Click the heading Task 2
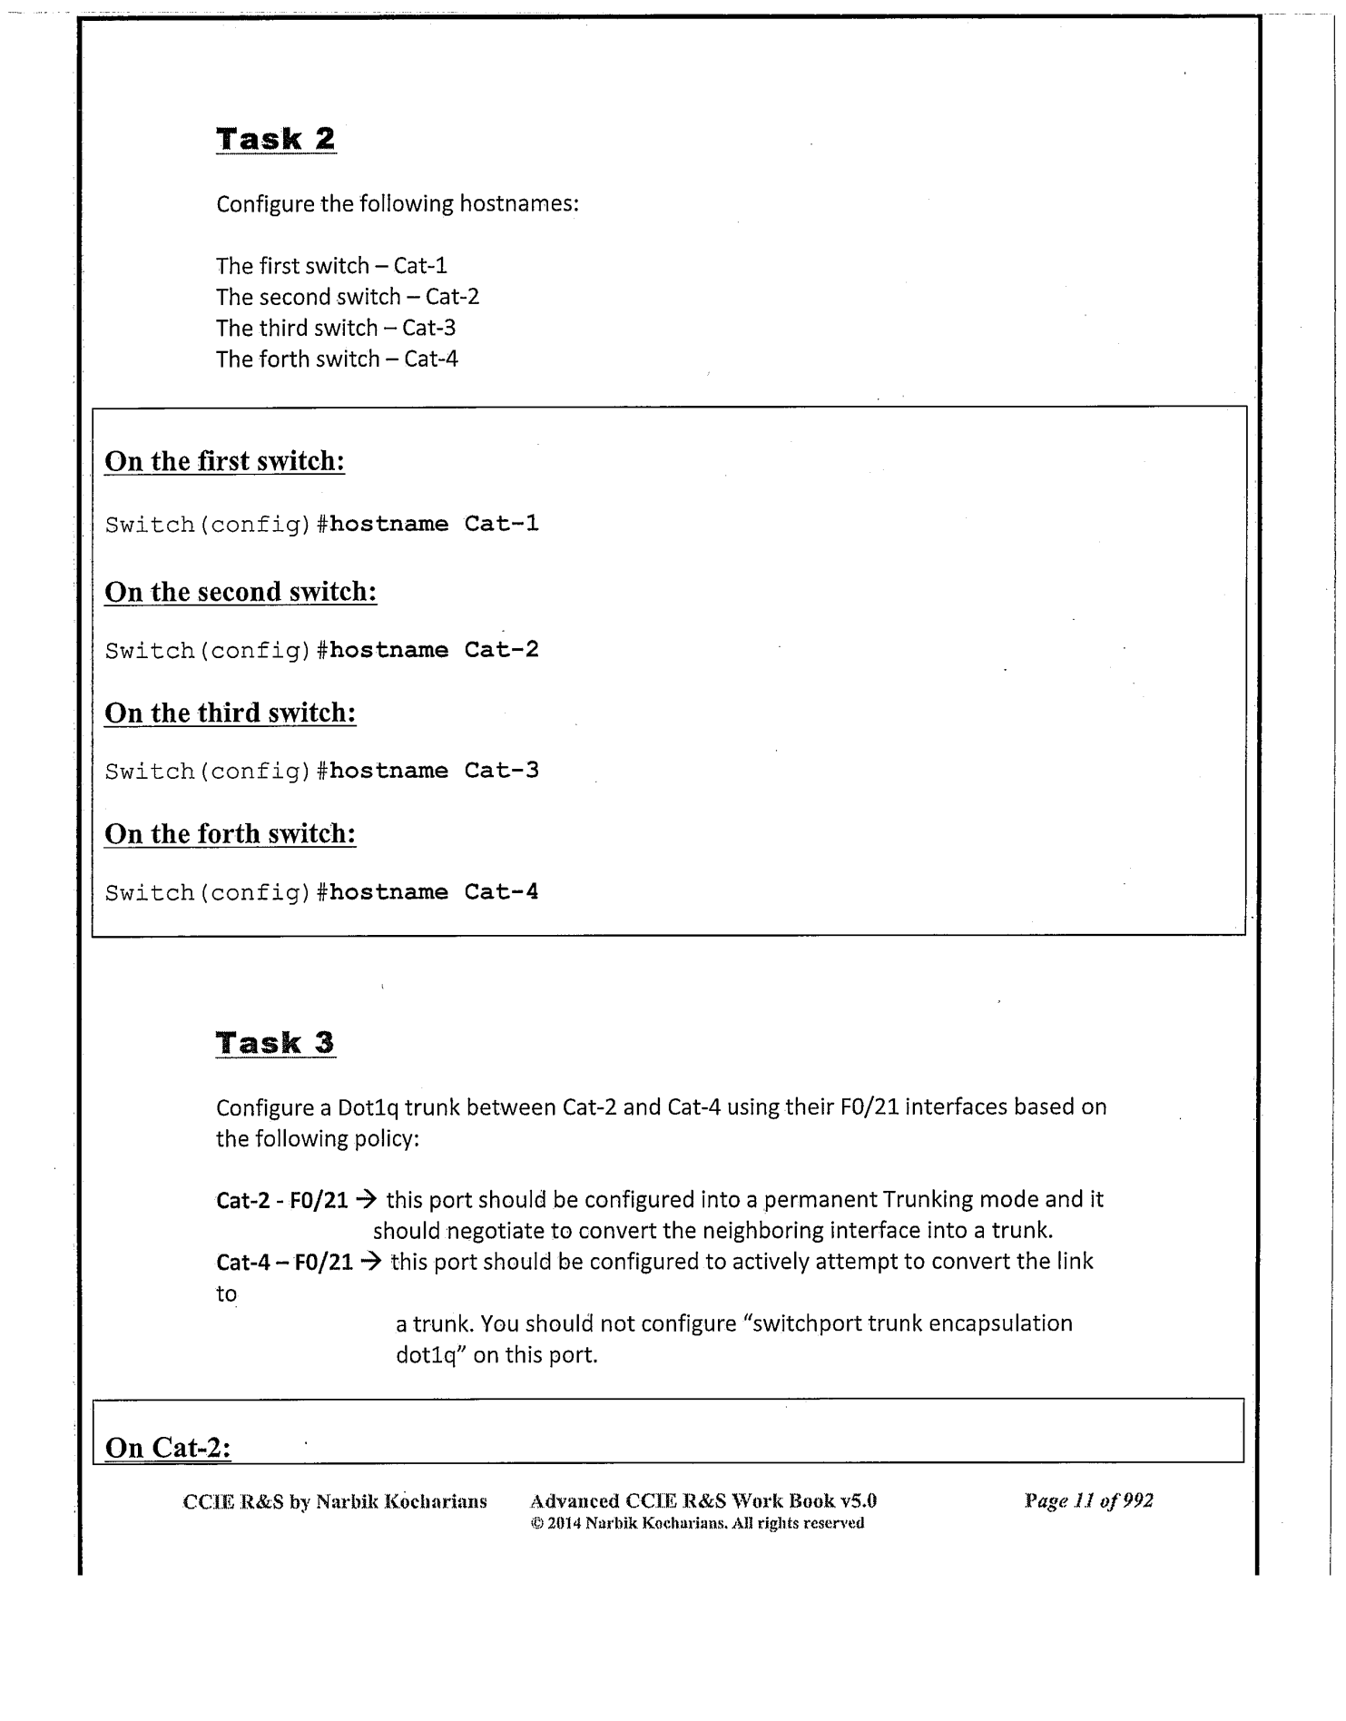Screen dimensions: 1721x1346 tap(276, 139)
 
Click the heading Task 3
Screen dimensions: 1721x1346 tap(276, 1043)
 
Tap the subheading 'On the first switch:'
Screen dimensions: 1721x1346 tap(225, 461)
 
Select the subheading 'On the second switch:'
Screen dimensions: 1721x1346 tap(241, 592)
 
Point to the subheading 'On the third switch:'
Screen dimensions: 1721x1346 tap(231, 713)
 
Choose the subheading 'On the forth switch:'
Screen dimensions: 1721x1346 tap(231, 834)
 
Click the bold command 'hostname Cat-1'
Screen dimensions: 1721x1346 tap(434, 524)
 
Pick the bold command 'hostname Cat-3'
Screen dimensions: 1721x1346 tap(434, 771)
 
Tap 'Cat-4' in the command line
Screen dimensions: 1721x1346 tap(502, 892)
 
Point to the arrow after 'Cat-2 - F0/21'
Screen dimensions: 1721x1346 tap(367, 1199)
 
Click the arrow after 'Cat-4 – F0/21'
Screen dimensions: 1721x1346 tap(371, 1262)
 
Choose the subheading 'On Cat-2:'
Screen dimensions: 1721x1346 tap(168, 1447)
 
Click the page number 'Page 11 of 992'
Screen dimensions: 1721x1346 tap(1088, 1500)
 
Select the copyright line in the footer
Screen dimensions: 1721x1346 tap(697, 1523)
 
